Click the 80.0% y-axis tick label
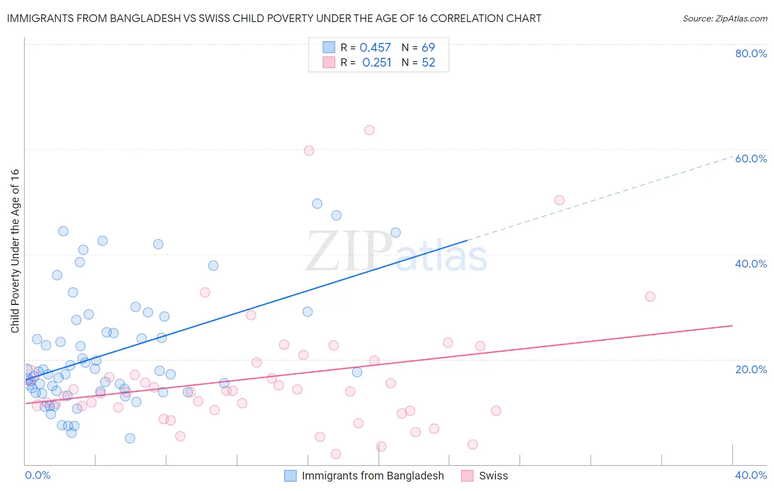coord(751,53)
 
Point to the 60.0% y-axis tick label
coord(751,159)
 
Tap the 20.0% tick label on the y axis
coord(751,369)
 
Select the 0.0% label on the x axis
coord(37,475)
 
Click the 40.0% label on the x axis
coord(751,475)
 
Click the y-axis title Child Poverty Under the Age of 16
coord(15,250)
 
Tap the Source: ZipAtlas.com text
coord(724,18)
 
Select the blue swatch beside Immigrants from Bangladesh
coord(290,476)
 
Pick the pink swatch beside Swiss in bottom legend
coord(467,476)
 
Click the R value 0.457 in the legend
coord(375,48)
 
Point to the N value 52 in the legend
coord(428,63)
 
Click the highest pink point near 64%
coord(369,130)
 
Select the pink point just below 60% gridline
coord(309,151)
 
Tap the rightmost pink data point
coord(650,297)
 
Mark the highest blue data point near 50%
coord(317,204)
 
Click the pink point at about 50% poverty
coord(559,200)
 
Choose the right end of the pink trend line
coord(732,326)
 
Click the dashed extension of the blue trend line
coord(600,199)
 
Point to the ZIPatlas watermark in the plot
coord(396,252)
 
